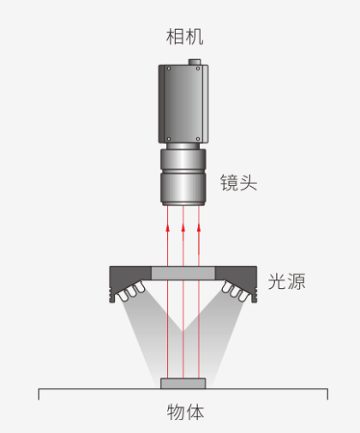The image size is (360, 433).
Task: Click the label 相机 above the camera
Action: coord(184,37)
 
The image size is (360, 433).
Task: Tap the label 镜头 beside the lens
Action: coord(239,183)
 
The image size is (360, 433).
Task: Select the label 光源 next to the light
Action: coord(286,281)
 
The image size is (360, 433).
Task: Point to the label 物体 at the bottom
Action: coord(185,412)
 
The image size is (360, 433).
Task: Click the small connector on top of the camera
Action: coord(195,62)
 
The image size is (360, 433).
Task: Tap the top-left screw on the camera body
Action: coord(169,69)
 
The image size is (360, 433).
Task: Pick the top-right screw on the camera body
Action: coord(198,69)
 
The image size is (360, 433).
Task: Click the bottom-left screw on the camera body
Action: coord(169,139)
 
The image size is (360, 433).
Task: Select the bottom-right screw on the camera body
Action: coord(198,139)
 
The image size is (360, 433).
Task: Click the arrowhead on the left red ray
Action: coord(168,228)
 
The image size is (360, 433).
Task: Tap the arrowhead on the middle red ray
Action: coord(183,228)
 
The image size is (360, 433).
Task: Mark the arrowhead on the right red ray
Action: coord(199,228)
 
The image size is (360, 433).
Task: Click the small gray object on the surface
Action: coord(183,383)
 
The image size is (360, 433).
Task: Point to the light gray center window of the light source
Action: coord(183,274)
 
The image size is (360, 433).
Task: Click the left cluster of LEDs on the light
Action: coord(132,291)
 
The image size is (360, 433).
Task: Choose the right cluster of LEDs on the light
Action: coord(235,291)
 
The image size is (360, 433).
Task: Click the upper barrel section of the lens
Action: coord(183,159)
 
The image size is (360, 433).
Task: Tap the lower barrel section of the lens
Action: coord(183,189)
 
